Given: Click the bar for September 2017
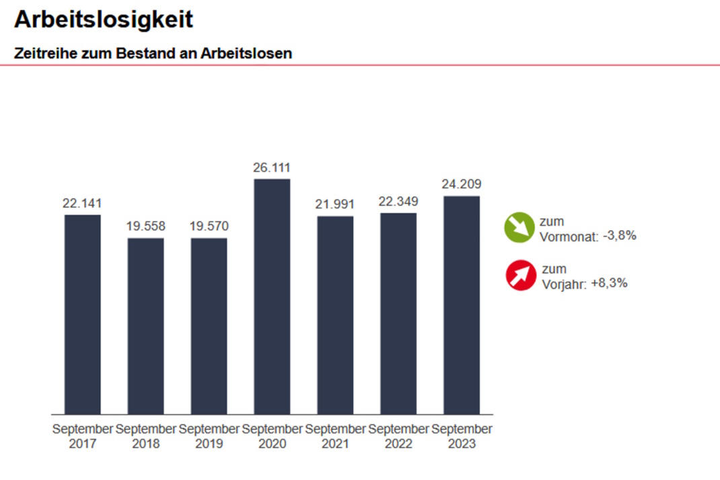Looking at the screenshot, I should pyautogui.click(x=82, y=314).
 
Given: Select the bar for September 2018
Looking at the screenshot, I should pyautogui.click(x=145, y=326).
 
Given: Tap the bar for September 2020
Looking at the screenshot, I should pyautogui.click(x=272, y=296).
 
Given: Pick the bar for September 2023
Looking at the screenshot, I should pyautogui.click(x=462, y=305).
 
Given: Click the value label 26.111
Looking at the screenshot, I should pyautogui.click(x=272, y=168).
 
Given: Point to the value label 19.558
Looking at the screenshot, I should pyautogui.click(x=145, y=227).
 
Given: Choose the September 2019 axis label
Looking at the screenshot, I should pyautogui.click(x=209, y=436).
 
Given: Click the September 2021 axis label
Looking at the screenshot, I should pyautogui.click(x=335, y=436).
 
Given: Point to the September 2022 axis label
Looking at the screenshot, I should pyautogui.click(x=398, y=436).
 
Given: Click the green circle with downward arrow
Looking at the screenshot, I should pyautogui.click(x=519, y=227).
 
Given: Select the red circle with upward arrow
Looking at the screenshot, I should pyautogui.click(x=520, y=276).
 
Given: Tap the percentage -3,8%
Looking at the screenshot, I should pyautogui.click(x=619, y=236).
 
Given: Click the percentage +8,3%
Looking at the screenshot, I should pyautogui.click(x=609, y=283).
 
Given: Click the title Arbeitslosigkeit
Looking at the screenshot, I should pyautogui.click(x=104, y=19).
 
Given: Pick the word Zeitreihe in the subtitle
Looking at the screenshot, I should pyautogui.click(x=44, y=53).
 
